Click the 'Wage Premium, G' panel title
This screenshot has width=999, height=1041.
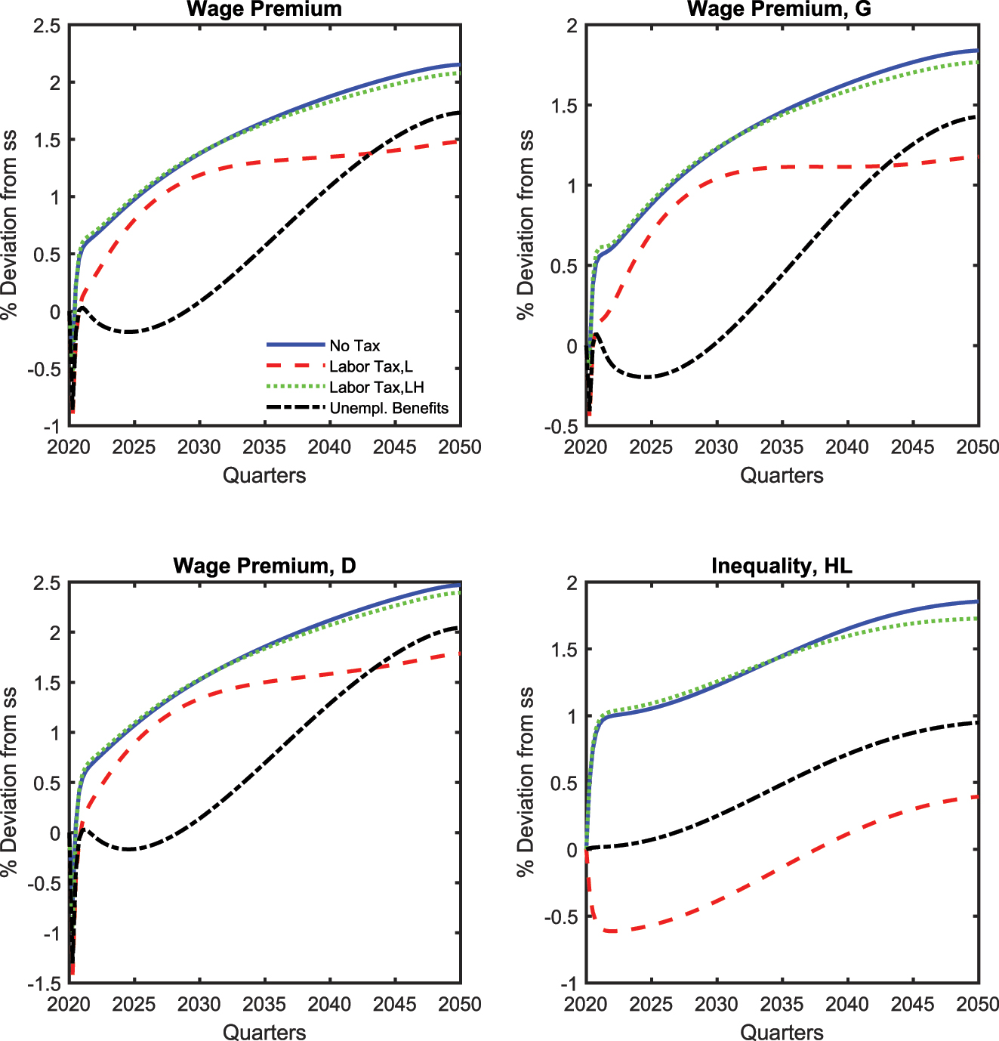781,10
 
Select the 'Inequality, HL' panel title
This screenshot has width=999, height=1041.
781,567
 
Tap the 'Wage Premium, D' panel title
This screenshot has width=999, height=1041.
264,567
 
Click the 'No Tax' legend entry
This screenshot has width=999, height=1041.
354,346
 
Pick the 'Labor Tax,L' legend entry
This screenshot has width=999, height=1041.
371,366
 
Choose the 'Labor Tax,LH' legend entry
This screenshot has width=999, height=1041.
376,388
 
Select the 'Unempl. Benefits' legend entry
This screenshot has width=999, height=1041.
388,408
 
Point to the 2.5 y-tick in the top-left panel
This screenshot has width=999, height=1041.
47,26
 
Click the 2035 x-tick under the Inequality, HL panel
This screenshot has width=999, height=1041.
782,1004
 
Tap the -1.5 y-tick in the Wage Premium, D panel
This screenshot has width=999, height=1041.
45,984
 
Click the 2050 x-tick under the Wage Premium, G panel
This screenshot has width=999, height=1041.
978,447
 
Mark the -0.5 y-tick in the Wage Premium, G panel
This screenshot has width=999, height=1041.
562,426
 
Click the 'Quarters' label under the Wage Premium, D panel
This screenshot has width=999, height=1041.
264,1032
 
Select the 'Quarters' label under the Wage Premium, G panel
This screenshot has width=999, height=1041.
782,475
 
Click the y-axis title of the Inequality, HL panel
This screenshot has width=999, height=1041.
526,782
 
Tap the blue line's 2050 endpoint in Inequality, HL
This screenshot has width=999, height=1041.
977,602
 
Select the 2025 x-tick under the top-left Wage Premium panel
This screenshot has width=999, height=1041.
134,447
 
